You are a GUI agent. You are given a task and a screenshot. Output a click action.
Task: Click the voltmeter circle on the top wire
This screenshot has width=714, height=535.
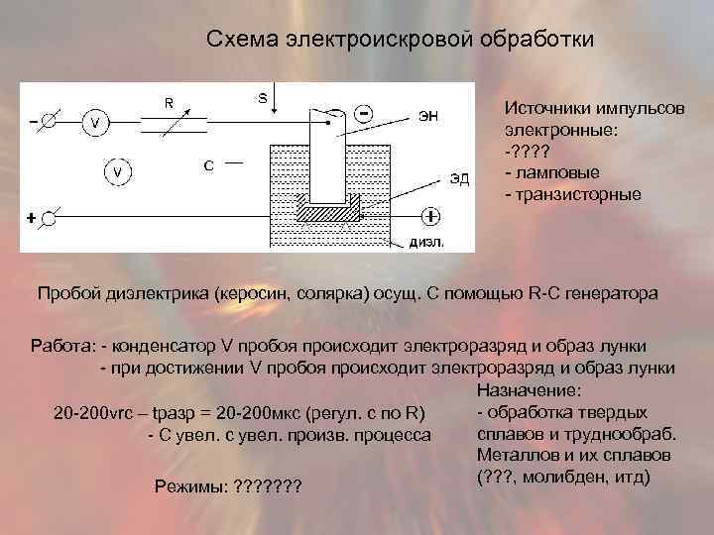(x=95, y=123)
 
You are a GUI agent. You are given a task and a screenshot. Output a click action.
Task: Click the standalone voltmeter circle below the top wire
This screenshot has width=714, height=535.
(x=118, y=172)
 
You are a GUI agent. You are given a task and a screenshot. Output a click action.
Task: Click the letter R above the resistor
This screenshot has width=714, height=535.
(x=170, y=101)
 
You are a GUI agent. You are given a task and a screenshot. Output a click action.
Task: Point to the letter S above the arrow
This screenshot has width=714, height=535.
(x=262, y=97)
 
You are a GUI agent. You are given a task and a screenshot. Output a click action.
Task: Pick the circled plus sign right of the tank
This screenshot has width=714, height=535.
(x=431, y=215)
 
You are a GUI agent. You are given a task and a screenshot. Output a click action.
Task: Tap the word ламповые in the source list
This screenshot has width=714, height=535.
(x=554, y=172)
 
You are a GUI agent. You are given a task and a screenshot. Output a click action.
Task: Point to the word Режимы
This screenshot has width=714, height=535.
(x=190, y=487)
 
